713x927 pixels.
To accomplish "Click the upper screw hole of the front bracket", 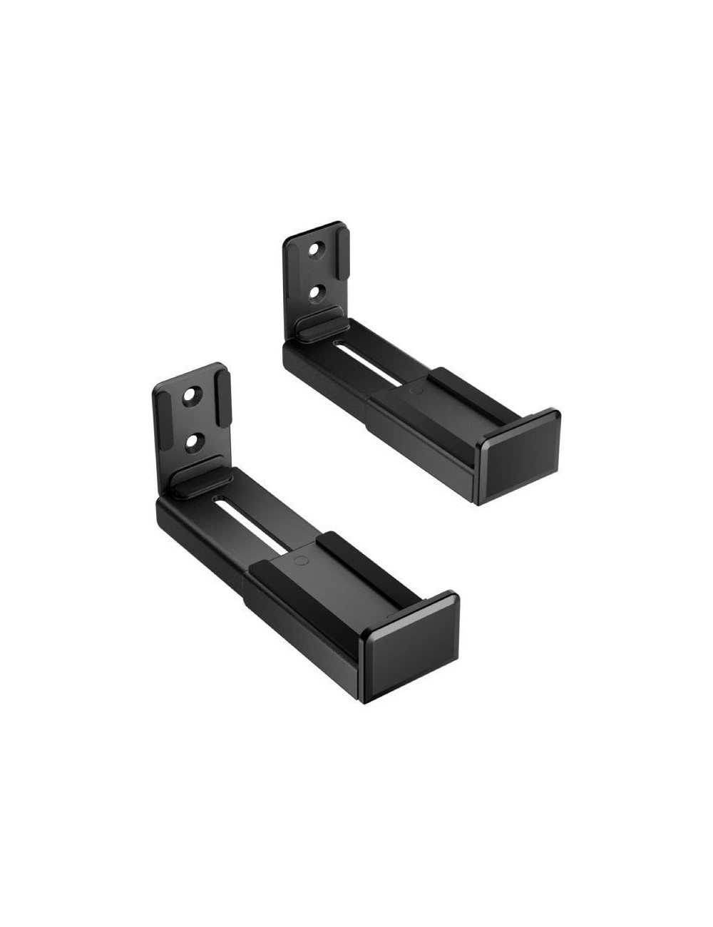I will tap(191, 396).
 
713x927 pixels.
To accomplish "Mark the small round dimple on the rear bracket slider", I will tap(413, 391).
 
